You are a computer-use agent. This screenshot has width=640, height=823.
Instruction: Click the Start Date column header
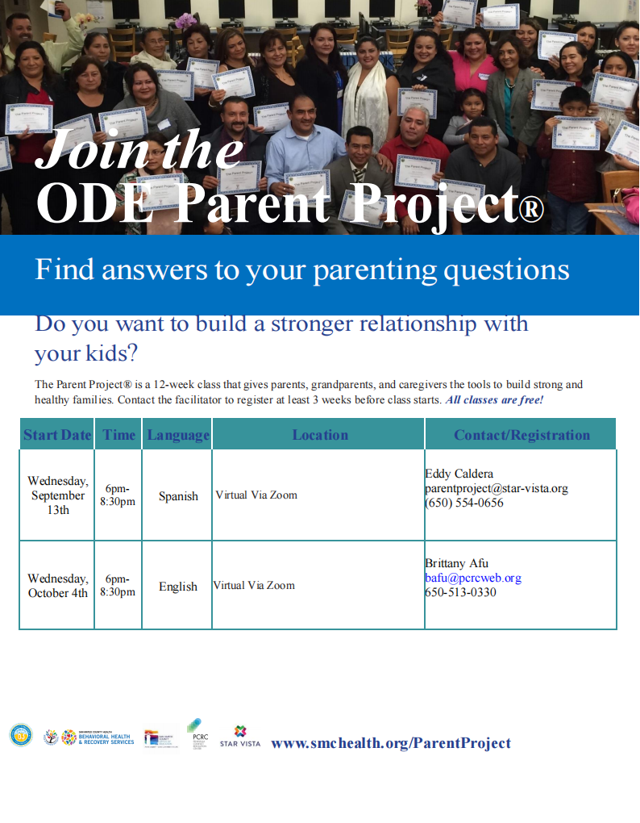[x=57, y=435]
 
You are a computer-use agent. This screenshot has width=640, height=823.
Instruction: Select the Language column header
[x=178, y=435]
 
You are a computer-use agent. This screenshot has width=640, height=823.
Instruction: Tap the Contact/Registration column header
[x=522, y=435]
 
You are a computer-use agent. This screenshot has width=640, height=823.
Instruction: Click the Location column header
[x=320, y=435]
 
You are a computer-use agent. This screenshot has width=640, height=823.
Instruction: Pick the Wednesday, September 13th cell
[x=57, y=495]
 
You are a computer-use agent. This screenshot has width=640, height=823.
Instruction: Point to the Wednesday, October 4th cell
[x=57, y=586]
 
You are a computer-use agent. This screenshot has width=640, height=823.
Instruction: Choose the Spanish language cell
[x=178, y=496]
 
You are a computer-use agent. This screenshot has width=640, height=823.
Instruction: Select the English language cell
[x=178, y=587]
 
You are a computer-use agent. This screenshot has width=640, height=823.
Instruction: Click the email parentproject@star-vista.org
[x=497, y=488]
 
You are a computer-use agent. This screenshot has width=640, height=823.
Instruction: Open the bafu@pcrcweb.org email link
[x=473, y=578]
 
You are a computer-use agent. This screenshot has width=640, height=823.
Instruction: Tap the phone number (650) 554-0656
[x=464, y=503]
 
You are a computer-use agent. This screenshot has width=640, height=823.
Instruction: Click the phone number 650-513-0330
[x=461, y=592]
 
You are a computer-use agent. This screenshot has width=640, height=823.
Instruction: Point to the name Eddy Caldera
[x=459, y=474]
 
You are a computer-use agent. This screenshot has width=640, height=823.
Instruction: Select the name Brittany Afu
[x=457, y=563]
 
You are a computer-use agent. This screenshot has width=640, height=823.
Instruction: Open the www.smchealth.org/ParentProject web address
[x=391, y=743]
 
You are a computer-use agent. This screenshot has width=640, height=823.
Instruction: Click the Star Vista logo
[x=240, y=737]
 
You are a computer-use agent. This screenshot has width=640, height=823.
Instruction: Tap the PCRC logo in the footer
[x=197, y=734]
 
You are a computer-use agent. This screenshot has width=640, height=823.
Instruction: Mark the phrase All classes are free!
[x=495, y=400]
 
